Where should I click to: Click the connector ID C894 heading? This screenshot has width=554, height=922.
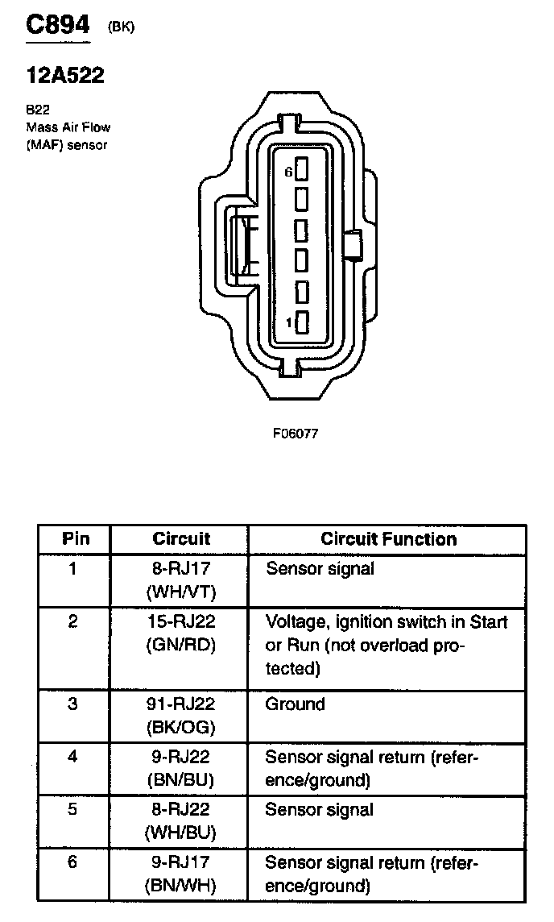click(x=57, y=26)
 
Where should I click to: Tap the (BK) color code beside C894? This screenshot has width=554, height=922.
click(x=121, y=27)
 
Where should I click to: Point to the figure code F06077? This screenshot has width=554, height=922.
click(x=296, y=433)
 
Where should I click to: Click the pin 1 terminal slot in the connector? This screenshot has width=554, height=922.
click(x=302, y=323)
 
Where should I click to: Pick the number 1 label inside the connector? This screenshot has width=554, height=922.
click(x=289, y=323)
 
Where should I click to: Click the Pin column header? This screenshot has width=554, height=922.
click(x=75, y=539)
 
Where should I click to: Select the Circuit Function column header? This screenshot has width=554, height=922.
click(x=388, y=539)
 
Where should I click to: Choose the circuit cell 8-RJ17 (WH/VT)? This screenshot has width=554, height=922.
click(x=180, y=579)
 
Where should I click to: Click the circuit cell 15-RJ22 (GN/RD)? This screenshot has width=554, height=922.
click(x=180, y=633)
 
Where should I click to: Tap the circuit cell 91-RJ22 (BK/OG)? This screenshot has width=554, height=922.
click(x=180, y=715)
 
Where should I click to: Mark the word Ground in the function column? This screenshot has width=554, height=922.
click(x=296, y=704)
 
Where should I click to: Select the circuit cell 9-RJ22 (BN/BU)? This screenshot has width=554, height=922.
click(x=180, y=769)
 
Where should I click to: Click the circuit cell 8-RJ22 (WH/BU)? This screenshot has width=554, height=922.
click(x=180, y=821)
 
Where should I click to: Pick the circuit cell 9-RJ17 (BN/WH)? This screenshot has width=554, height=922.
click(x=180, y=874)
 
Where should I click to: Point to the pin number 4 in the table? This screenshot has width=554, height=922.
click(x=73, y=758)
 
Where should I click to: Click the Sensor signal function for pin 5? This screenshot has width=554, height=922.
click(x=320, y=810)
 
